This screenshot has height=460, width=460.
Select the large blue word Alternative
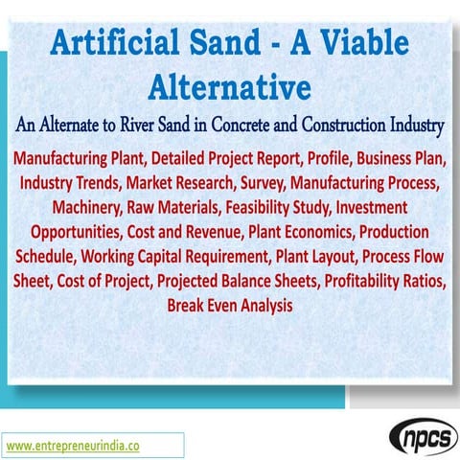[230, 87]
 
